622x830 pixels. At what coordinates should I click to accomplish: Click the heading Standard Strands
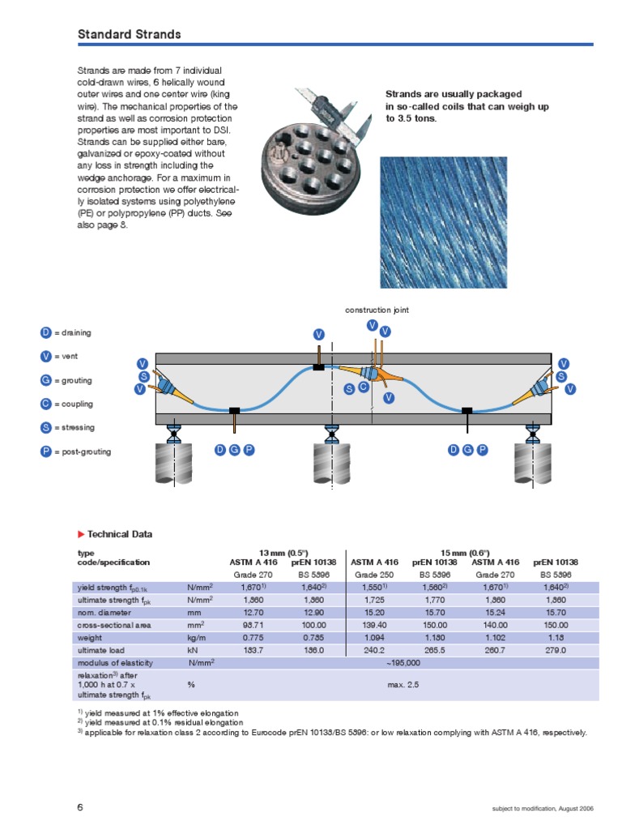129,34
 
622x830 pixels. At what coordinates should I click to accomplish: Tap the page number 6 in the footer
80,807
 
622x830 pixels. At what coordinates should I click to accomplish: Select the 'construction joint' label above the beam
382,310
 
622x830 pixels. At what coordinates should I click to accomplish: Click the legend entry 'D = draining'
66,332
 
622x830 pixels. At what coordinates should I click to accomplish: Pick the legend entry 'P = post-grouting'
75,451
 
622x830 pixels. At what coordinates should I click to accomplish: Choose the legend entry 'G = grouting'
66,380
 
